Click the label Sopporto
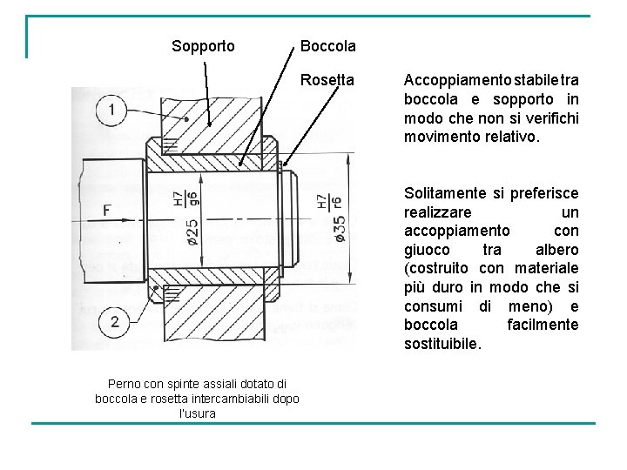[x=203, y=45]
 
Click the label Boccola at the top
[x=327, y=45]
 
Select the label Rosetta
[x=327, y=80]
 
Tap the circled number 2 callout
[x=115, y=323]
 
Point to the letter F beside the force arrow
[x=106, y=210]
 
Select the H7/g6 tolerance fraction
[x=185, y=199]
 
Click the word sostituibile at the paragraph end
[x=441, y=344]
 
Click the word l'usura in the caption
[x=197, y=413]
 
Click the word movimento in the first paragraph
[x=445, y=137]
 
